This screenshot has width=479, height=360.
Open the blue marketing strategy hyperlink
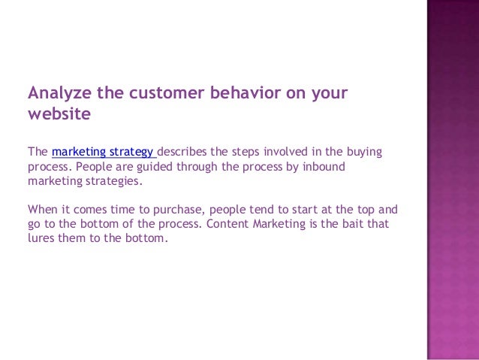104,152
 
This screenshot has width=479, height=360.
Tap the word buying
364,152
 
